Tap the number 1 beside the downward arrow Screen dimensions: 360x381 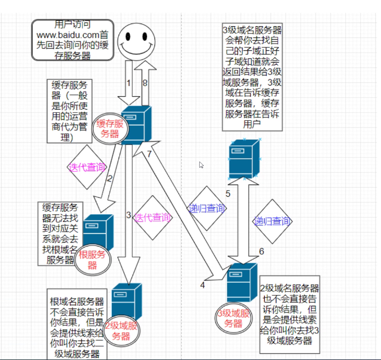(x=128, y=83)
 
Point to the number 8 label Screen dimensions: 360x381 (x=144, y=83)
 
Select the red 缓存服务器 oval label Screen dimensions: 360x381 (x=110, y=128)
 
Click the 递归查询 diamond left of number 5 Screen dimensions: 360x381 (x=207, y=209)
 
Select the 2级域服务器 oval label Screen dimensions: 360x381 (x=121, y=330)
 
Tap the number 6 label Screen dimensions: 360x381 (x=261, y=252)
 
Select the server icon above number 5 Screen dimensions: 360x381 (x=244, y=158)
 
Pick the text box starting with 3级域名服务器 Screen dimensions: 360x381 (x=252, y=76)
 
